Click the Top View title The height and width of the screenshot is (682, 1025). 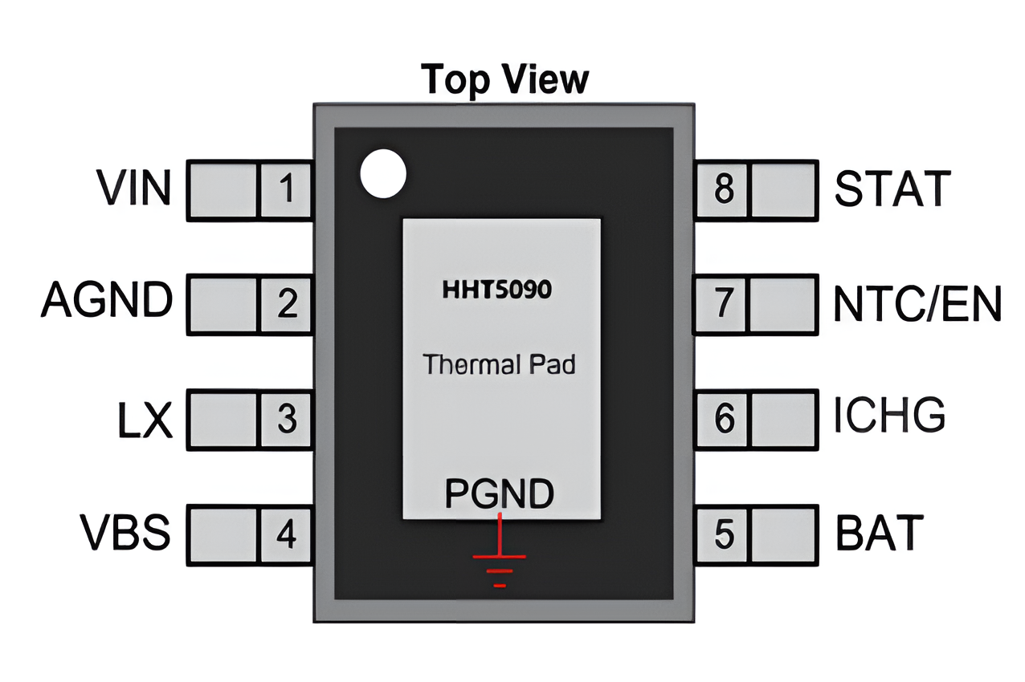[x=504, y=79]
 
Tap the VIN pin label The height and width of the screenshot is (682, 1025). [x=134, y=189]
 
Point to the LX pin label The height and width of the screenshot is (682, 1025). [x=145, y=419]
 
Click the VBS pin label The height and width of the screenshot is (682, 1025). [x=125, y=534]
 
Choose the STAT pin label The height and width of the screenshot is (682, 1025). [x=892, y=189]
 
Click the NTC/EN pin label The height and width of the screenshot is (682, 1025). [x=917, y=304]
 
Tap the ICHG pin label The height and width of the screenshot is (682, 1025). [x=889, y=417]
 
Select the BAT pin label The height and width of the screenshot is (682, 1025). [x=880, y=534]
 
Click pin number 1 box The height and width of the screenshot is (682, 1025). [x=286, y=190]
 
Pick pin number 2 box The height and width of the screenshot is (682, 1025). [x=286, y=304]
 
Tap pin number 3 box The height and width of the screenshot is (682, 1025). [x=286, y=419]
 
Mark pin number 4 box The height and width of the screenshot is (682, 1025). [x=286, y=534]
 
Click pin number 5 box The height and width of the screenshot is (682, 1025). [x=724, y=534]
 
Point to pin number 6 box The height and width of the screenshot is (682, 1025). [x=724, y=419]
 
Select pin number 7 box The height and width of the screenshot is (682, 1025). [x=724, y=304]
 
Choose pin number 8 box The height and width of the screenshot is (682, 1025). [x=724, y=190]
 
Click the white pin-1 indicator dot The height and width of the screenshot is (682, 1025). [x=383, y=174]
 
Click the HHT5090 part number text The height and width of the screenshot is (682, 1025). [x=497, y=290]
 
